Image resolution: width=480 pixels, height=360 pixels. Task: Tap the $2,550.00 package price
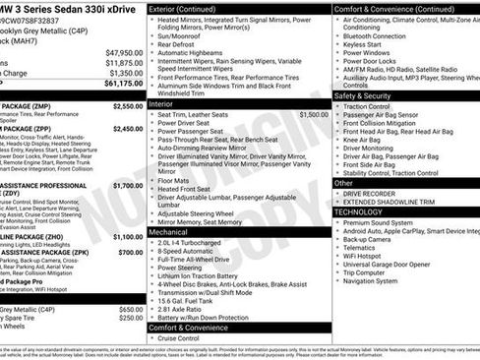[x=127, y=105]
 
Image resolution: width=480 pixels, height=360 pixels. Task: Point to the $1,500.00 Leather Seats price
[x=313, y=115]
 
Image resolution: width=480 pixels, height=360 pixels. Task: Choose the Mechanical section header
[x=171, y=232]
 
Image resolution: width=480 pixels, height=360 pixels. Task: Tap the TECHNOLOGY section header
[x=364, y=211]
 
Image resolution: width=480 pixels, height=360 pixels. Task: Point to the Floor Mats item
[x=177, y=180]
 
